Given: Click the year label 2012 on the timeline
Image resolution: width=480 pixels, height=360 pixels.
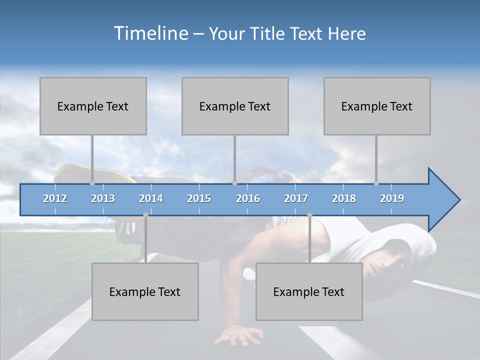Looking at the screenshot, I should (x=55, y=198).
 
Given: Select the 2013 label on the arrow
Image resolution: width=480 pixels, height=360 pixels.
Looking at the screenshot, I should (x=103, y=198).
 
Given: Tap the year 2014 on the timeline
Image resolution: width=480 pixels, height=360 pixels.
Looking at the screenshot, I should (x=151, y=198).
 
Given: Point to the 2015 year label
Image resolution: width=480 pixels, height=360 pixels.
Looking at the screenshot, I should (x=199, y=198).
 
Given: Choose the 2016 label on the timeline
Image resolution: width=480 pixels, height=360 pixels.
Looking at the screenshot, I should (x=248, y=198).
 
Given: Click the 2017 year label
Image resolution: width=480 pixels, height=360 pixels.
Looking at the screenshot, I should (x=296, y=198).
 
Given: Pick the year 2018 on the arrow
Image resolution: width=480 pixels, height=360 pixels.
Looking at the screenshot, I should (x=344, y=198).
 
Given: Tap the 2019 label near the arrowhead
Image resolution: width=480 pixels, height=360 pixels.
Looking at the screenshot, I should (x=392, y=198).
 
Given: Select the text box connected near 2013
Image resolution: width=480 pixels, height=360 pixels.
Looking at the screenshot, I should (x=93, y=106).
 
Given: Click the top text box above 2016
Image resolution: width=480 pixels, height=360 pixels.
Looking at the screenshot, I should (x=235, y=106).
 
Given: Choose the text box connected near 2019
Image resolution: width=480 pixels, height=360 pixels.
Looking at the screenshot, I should (x=377, y=106).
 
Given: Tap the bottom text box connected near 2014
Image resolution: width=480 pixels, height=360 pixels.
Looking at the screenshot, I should (x=145, y=291).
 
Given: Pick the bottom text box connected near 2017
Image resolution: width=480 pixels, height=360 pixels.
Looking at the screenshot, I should (x=309, y=291).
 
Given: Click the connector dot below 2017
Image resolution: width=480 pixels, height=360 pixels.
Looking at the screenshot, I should (x=309, y=215).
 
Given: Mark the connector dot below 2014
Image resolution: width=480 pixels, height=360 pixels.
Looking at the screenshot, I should (x=145, y=215).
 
